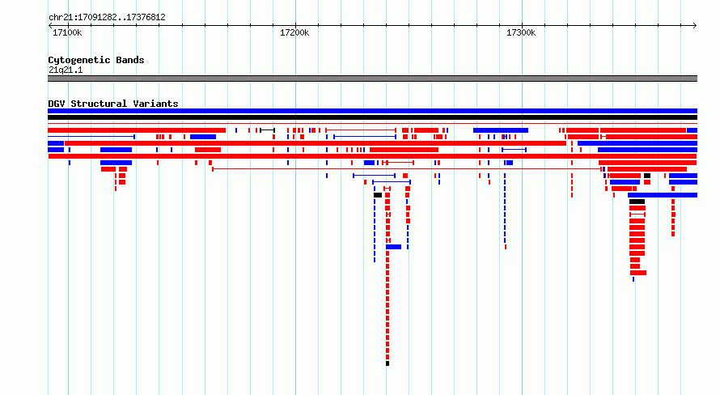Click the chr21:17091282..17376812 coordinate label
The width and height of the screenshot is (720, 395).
point(107,18)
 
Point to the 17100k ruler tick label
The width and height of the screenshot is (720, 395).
point(67,32)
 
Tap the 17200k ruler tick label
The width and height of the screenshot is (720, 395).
point(294,32)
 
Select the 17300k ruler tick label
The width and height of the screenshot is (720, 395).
point(521,32)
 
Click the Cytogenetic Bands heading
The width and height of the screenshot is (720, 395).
point(96,60)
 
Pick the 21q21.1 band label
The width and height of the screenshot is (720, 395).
point(66,70)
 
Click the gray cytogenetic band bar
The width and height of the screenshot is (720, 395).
point(372,79)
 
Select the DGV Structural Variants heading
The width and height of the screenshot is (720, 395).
point(113,104)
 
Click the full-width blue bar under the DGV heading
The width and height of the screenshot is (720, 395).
point(372,111)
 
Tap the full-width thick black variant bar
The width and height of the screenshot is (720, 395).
point(372,117)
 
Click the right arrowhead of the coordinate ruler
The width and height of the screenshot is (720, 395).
point(695,26)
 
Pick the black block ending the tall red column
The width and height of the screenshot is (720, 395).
point(388,363)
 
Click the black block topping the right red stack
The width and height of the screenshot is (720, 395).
point(637,202)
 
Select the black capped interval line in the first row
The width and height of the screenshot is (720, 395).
point(267,130)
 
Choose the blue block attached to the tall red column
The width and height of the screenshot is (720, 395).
point(393,247)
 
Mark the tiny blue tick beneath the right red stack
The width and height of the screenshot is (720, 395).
point(633,279)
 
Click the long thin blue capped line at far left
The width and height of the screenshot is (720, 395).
point(91,137)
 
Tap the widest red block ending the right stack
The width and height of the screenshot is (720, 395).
point(638,273)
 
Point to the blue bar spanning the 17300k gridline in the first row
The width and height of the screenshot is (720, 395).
point(501,130)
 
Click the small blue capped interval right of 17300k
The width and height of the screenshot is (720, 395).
point(514,150)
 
